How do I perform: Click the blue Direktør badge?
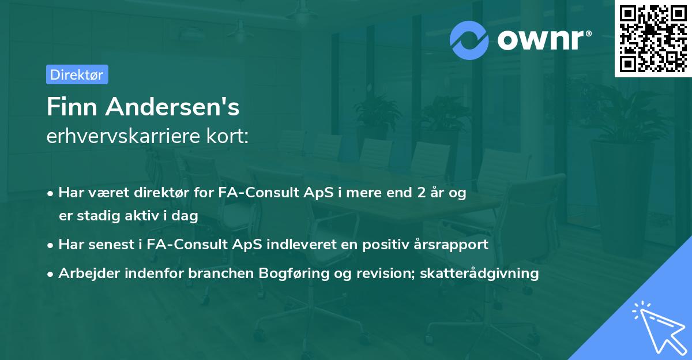pyautogui.click(x=77, y=74)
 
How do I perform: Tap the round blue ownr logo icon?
pyautogui.click(x=469, y=40)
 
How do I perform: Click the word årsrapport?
pyautogui.click(x=456, y=245)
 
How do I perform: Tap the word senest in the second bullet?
pyautogui.click(x=112, y=245)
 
